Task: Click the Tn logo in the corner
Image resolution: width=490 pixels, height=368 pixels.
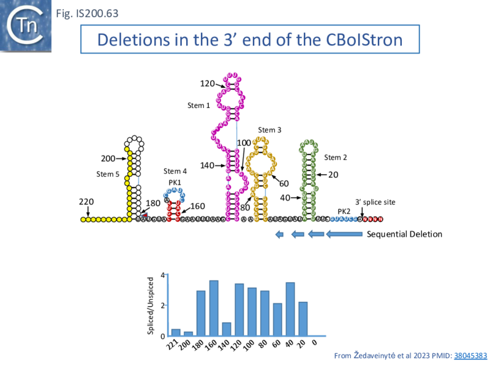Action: (25, 25)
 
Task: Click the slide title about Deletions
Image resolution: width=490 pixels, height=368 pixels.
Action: (250, 40)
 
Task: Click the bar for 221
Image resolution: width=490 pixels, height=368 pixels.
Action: (176, 332)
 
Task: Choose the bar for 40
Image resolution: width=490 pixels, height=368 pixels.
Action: (290, 309)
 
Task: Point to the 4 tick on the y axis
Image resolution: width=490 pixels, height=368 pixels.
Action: (162, 275)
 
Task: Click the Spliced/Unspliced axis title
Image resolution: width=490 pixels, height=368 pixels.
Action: (151, 305)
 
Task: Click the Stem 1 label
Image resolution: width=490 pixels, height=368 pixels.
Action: (198, 105)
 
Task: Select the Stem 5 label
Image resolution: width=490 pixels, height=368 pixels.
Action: (108, 174)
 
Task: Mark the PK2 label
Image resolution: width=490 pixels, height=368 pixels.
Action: (344, 211)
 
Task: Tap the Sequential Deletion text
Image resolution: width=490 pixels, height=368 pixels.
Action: (404, 234)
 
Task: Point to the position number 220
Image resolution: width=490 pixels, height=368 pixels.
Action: (86, 202)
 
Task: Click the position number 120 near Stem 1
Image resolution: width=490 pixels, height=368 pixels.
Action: (207, 83)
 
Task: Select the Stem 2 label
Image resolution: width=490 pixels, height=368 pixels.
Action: (336, 158)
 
